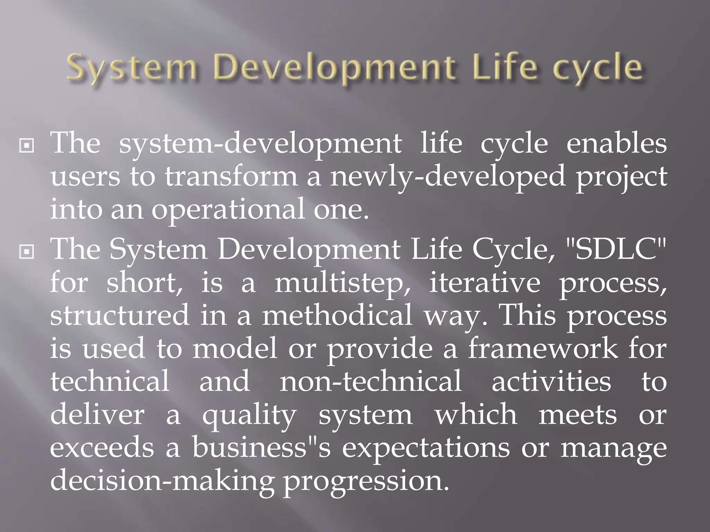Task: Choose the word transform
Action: [231, 177]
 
